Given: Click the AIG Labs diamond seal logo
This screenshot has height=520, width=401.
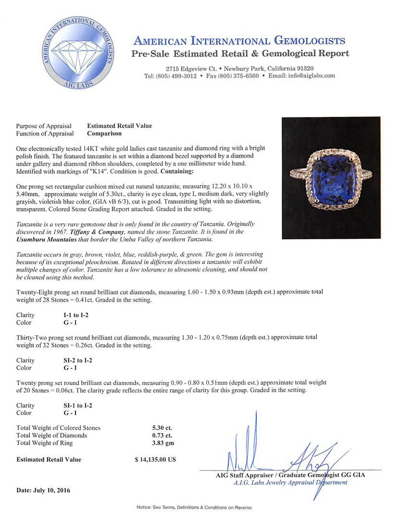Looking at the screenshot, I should coord(78,54).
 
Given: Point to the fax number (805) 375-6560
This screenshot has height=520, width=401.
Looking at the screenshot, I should coord(232,76).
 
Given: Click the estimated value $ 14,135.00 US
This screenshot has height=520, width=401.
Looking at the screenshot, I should coord(155,459).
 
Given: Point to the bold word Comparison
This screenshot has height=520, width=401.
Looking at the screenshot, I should coord(104,133).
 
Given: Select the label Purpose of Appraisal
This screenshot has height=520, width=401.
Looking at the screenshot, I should coord(44,126).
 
